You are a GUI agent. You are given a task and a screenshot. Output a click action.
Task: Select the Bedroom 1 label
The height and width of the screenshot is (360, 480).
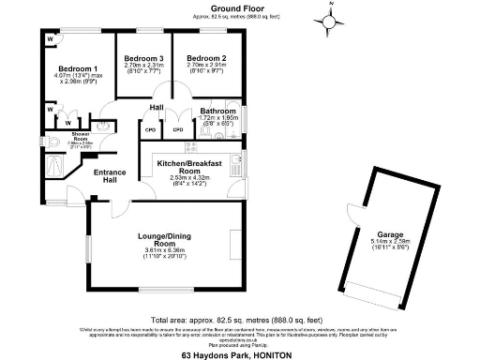point(78,69)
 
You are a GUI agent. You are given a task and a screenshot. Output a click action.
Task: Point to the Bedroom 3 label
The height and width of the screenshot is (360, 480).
point(143,59)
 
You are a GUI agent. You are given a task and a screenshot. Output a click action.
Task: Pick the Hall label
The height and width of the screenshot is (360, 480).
point(157,108)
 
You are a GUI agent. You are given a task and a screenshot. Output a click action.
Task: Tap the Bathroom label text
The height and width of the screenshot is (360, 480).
point(217,112)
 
